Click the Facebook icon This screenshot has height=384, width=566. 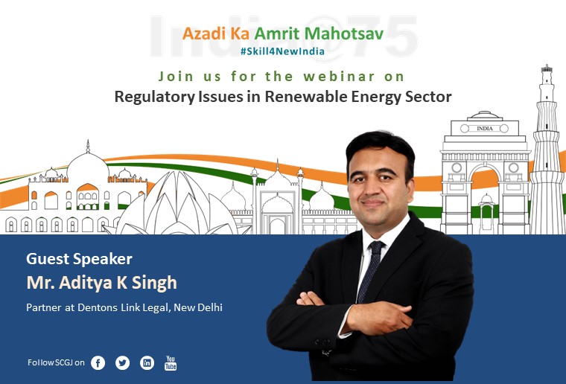[98, 362]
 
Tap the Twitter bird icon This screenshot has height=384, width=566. [122, 362]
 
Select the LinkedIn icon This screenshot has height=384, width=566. [147, 362]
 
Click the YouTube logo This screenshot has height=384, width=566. [171, 362]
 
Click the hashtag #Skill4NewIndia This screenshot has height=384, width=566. [283, 51]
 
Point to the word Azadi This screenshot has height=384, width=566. [204, 33]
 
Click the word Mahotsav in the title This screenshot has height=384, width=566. [343, 33]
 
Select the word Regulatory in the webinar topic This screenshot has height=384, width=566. [154, 97]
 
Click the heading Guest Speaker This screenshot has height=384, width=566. [80, 259]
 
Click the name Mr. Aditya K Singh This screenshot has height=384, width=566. [102, 283]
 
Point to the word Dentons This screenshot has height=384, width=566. [98, 307]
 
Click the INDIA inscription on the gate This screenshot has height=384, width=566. [484, 128]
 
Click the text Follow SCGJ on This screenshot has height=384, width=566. [56, 362]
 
